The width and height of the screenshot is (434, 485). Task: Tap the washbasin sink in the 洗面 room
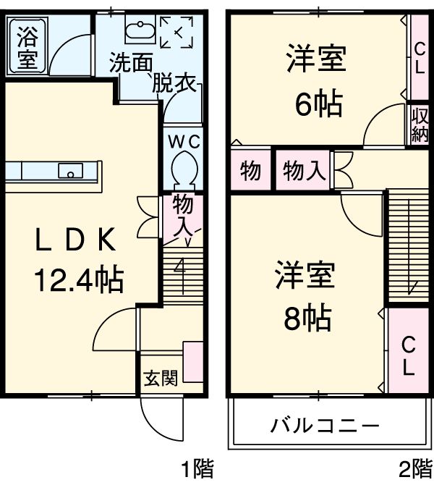(137, 30)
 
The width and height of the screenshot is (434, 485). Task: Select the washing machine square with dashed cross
(176, 32)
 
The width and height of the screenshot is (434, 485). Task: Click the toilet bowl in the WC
(182, 171)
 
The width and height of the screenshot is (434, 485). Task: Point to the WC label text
(182, 142)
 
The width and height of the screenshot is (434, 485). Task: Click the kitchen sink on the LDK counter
(71, 172)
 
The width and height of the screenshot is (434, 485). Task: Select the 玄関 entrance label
(159, 377)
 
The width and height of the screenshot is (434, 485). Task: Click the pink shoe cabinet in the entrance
(193, 361)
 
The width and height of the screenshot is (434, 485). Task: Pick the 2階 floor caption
(412, 470)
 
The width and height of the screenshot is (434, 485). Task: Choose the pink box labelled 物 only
(251, 172)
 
